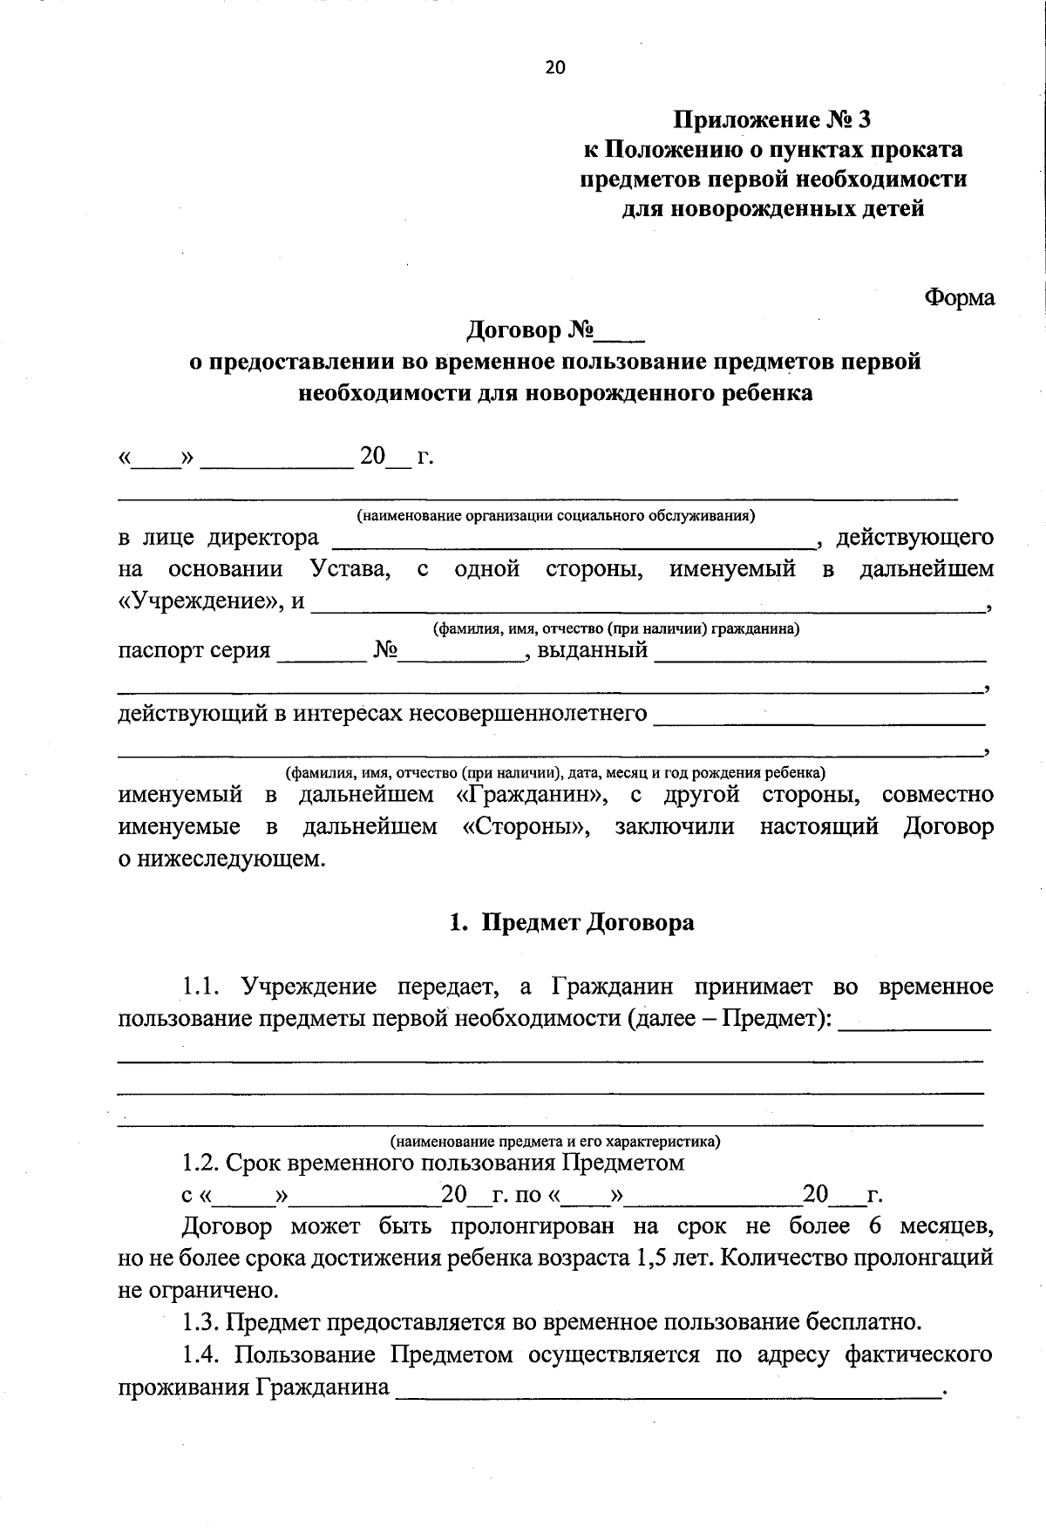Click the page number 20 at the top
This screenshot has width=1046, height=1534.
(x=555, y=68)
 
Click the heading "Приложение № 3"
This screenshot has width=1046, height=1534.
(x=771, y=119)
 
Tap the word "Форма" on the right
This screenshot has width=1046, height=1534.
(x=959, y=298)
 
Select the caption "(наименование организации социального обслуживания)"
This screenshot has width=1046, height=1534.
(x=555, y=516)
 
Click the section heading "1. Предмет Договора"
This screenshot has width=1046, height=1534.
(x=572, y=923)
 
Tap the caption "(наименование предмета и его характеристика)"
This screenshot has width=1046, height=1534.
(x=555, y=1141)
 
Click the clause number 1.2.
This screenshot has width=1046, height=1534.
(x=200, y=1164)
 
